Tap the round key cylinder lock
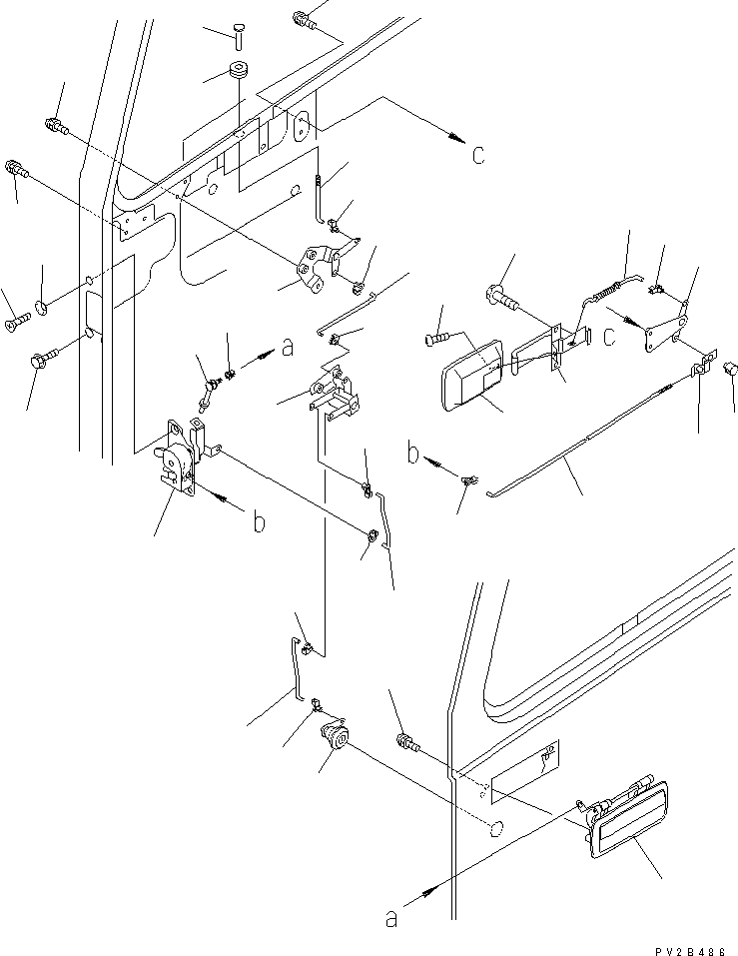[335, 742]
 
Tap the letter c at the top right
[478, 156]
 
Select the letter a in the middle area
[289, 348]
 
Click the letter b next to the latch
[258, 522]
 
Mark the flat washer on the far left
[40, 304]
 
